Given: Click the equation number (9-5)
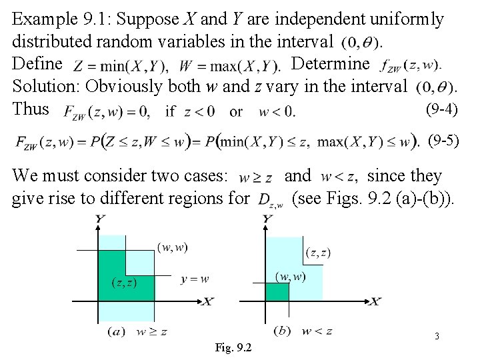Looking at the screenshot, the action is click(443, 140).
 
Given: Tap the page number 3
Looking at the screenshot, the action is click(437, 337).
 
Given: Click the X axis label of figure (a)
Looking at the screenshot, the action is click(207, 302).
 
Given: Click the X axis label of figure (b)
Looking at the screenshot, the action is click(375, 302).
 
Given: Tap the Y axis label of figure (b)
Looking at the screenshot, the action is click(268, 219).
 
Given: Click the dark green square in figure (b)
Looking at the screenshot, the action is click(277, 291).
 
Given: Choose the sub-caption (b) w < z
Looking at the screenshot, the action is click(301, 330).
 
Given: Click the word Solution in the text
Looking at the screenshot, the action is click(45, 86).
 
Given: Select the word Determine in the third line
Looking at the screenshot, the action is click(330, 64).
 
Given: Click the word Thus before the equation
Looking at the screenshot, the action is click(31, 108).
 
